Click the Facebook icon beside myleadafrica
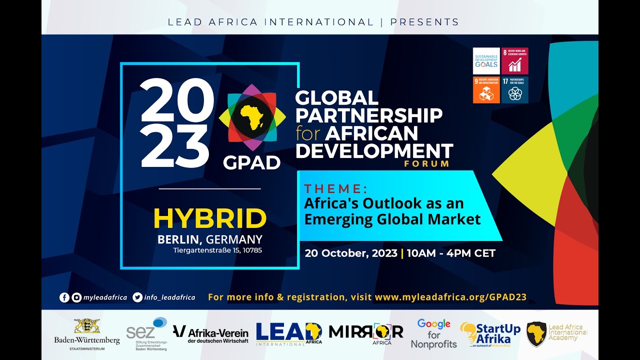(x=64, y=297)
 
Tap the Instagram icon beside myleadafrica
(x=76, y=297)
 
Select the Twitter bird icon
(x=137, y=297)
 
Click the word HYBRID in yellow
(x=210, y=218)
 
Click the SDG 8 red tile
(x=515, y=61)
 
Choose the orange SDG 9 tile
(x=486, y=90)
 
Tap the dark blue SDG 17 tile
(x=515, y=90)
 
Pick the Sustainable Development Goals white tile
(x=486, y=61)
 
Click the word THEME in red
(x=335, y=189)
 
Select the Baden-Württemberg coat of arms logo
(x=87, y=326)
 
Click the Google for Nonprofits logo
(x=434, y=333)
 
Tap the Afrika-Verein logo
(x=210, y=333)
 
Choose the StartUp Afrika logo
(x=490, y=334)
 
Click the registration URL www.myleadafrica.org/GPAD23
(x=450, y=297)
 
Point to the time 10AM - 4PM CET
(x=451, y=253)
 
